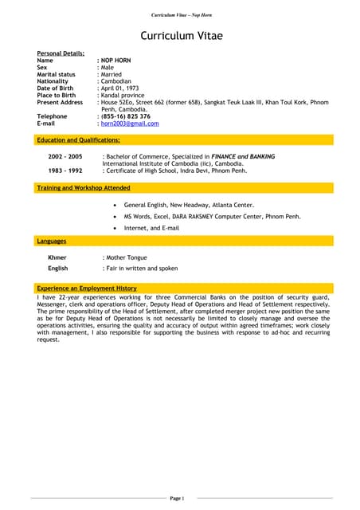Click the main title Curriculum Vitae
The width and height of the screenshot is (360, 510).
point(181,36)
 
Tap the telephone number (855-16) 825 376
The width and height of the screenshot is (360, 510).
point(124,116)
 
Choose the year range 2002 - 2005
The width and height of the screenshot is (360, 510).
point(65,157)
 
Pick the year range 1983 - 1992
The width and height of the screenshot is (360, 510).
point(65,171)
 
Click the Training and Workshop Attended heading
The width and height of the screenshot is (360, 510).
point(84,188)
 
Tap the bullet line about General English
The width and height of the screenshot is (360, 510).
point(189,205)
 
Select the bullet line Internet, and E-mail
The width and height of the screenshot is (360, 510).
point(151,228)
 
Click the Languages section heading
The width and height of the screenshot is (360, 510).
point(52,241)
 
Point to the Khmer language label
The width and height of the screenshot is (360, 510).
point(57,258)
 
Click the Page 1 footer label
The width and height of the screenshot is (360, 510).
point(177,498)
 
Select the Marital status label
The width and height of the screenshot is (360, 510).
point(57,74)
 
